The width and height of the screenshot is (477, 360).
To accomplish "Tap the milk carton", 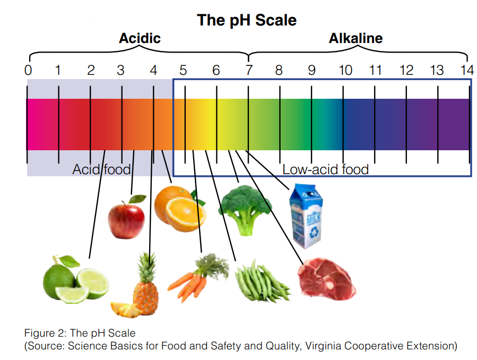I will pos(306,217).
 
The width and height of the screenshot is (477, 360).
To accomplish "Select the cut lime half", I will pos(93,284).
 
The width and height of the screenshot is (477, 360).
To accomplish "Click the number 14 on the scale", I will pos(466,70).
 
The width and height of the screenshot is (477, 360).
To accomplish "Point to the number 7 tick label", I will pos(248,70).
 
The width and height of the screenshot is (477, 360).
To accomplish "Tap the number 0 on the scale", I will pos(28,70).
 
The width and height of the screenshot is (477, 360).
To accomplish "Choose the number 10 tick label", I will pos(345,70).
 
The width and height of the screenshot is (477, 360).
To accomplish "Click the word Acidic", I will pos(140,39).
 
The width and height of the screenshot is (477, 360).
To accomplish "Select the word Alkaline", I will pos(355,39).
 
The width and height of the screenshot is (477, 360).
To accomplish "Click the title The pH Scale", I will pos(247,21).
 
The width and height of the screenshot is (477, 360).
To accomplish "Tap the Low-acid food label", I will pos(325,170).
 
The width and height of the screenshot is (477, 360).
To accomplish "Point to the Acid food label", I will pos(101,170).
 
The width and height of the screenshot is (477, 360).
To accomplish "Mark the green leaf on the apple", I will pos(137,199).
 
